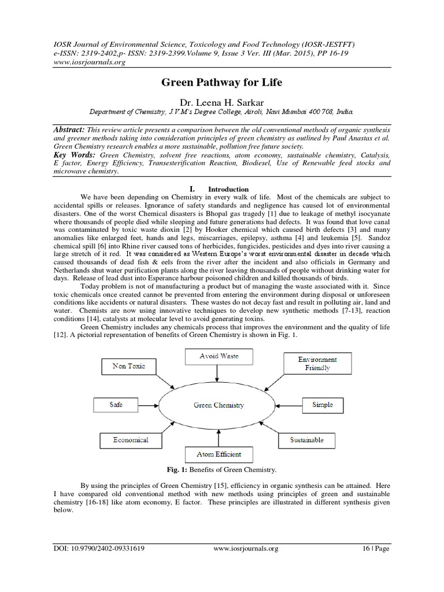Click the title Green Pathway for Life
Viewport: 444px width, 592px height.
point(221,83)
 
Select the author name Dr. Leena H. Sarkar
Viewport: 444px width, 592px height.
point(221,102)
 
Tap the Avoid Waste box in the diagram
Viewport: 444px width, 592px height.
point(218,356)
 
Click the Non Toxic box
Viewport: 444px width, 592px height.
point(128,366)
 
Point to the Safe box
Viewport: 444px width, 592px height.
point(116,405)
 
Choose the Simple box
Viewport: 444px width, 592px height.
point(322,405)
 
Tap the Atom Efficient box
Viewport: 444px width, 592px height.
point(218,454)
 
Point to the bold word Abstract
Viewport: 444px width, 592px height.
point(68,131)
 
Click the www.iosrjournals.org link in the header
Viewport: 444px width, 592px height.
point(82,62)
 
